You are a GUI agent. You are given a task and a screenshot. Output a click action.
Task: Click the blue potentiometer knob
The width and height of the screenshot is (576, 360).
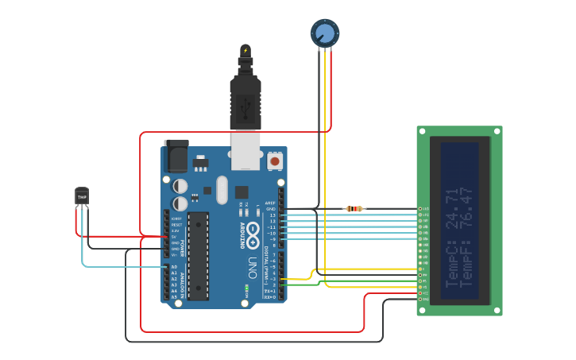coord(324,33)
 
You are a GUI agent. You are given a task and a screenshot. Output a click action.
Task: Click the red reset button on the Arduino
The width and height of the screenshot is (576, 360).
coord(275,161)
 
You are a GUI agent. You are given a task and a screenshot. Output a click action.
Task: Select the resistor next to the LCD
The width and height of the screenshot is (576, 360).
coord(354,209)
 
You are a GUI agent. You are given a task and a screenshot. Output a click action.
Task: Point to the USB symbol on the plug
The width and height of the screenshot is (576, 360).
coord(245,104)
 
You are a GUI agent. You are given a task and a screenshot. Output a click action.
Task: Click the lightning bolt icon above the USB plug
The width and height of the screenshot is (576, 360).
coord(245,51)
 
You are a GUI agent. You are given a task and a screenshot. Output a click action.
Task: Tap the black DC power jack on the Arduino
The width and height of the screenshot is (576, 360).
coord(176,156)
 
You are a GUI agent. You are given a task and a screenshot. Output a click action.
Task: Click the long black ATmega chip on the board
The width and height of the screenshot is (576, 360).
coord(198,255)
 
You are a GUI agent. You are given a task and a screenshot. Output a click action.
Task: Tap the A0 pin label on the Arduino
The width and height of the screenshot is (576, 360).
coord(174,267)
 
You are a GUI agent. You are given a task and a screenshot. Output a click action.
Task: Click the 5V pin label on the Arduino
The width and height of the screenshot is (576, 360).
coord(174,237)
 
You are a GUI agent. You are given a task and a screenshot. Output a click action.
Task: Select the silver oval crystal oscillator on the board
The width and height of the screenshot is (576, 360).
coord(222,189)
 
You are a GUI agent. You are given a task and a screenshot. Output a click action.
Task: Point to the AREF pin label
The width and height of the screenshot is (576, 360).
coord(270,203)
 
